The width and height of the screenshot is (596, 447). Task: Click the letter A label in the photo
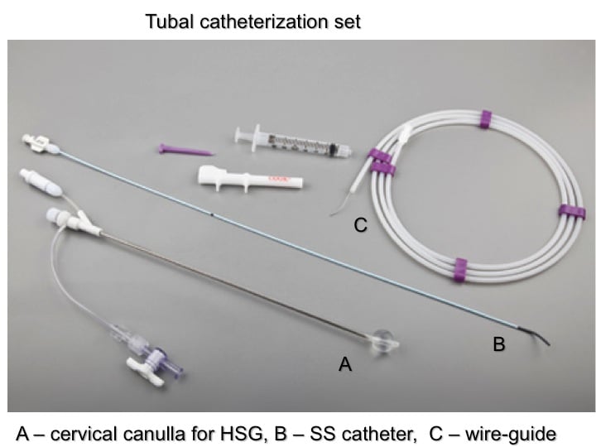point(346,363)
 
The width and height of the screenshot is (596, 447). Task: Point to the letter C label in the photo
point(360,224)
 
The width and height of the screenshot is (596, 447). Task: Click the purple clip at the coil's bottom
point(462,271)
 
